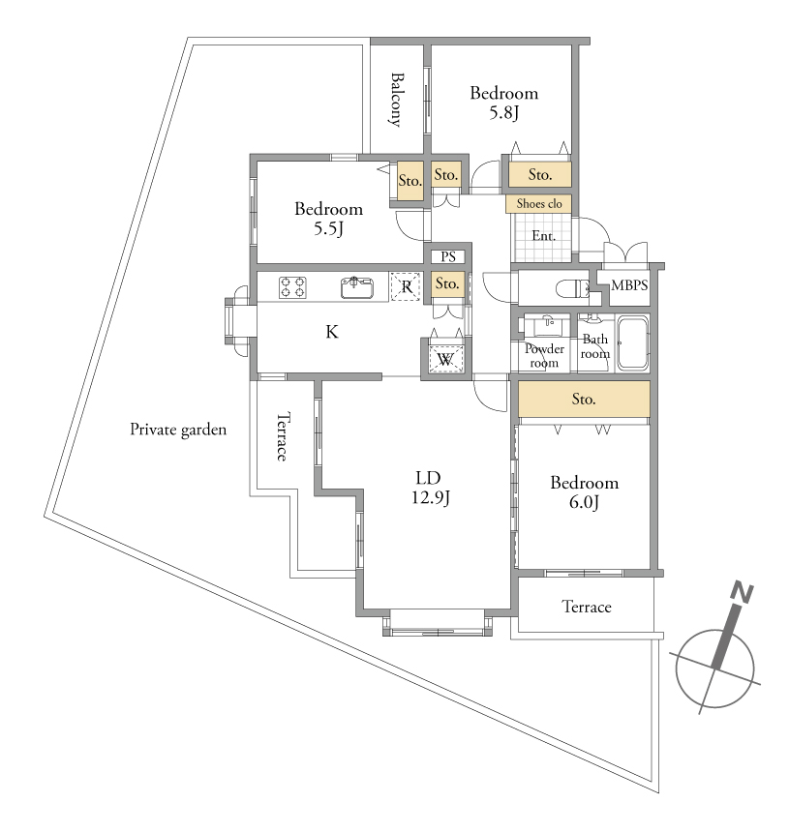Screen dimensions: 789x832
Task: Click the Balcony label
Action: pyautogui.click(x=396, y=100)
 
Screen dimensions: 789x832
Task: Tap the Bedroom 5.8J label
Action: pyautogui.click(x=503, y=103)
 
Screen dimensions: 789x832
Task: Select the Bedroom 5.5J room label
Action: pyautogui.click(x=328, y=218)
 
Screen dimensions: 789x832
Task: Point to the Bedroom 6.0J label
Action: pyautogui.click(x=584, y=491)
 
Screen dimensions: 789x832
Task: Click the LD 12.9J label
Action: pyautogui.click(x=430, y=487)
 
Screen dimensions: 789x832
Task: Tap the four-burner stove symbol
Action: pyautogui.click(x=292, y=287)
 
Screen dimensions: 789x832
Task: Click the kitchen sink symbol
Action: pyautogui.click(x=357, y=287)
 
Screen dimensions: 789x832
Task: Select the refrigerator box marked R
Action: pyautogui.click(x=406, y=286)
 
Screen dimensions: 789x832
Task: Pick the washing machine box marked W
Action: pyautogui.click(x=446, y=358)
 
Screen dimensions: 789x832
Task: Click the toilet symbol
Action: pyautogui.click(x=572, y=289)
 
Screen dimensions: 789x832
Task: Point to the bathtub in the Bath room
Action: pyautogui.click(x=632, y=342)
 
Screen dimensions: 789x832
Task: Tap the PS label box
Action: pyautogui.click(x=448, y=256)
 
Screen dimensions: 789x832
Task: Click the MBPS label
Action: pyautogui.click(x=629, y=285)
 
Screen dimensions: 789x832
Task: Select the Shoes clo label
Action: pyautogui.click(x=539, y=203)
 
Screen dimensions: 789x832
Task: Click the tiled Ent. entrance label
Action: pyautogui.click(x=543, y=236)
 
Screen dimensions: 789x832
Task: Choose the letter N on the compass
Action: pyautogui.click(x=743, y=593)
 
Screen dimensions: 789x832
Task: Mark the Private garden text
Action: pyautogui.click(x=178, y=430)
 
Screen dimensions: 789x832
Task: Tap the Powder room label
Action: pyautogui.click(x=544, y=355)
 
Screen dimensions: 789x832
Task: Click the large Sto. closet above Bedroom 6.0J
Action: pyautogui.click(x=584, y=399)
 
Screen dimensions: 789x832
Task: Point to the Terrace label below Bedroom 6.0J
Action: pyautogui.click(x=586, y=607)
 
